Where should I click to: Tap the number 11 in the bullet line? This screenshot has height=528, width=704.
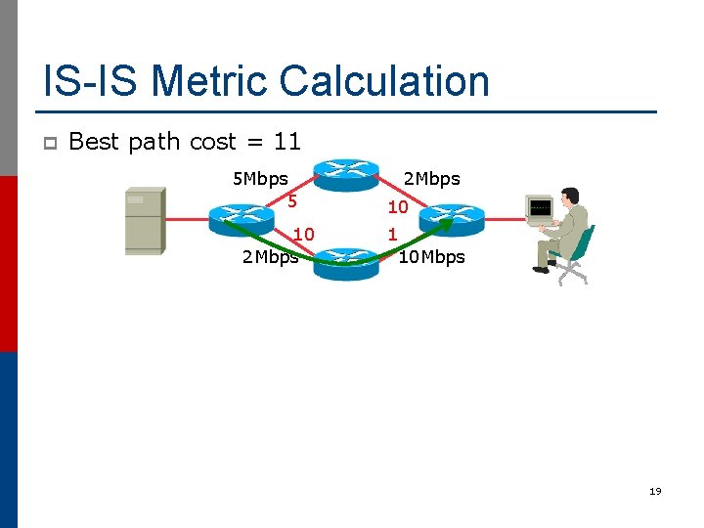click(x=286, y=142)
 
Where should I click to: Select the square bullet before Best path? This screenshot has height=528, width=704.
click(x=50, y=143)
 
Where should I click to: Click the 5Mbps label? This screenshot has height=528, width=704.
click(x=259, y=179)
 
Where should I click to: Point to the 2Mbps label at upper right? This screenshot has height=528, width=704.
click(x=431, y=179)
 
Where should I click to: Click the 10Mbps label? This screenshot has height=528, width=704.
click(x=431, y=257)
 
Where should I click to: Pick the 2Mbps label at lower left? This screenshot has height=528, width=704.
click(x=269, y=257)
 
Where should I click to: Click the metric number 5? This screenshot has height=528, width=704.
click(x=291, y=201)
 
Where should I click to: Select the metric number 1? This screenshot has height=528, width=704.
click(x=392, y=235)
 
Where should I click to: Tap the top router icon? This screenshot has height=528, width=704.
click(x=345, y=174)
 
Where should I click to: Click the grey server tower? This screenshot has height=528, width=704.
click(x=144, y=221)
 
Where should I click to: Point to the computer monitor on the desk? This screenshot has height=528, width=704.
click(x=540, y=208)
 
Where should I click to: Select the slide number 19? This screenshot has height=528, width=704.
click(x=654, y=491)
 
